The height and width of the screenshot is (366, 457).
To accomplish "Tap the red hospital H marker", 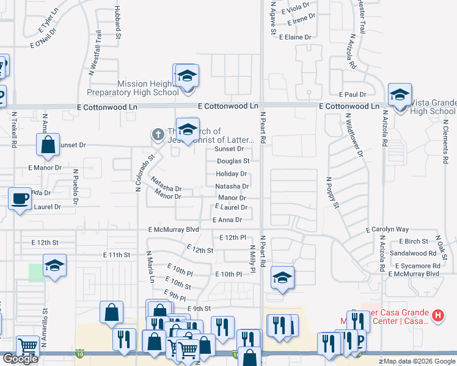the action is (437, 316).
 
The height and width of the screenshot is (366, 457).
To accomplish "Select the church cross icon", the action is (157, 134).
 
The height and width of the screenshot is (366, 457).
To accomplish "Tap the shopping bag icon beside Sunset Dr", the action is (48, 145).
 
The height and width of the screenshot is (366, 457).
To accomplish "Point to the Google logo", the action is (20, 359).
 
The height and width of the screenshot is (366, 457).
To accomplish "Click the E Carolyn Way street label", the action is (387, 229).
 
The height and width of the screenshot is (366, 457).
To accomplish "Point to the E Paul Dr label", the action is (353, 94).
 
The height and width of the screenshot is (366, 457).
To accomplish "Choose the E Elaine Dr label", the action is (295, 37).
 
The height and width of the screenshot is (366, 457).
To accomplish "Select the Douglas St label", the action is (233, 161).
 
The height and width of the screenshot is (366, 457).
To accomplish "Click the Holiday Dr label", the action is (231, 174).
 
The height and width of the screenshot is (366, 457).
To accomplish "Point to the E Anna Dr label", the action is (227, 220).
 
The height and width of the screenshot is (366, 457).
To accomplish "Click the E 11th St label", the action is (117, 254).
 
